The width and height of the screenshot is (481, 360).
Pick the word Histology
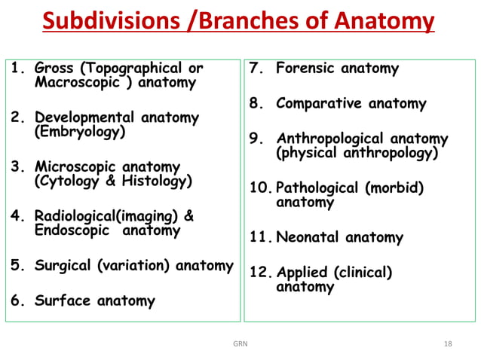pyautogui.click(x=154, y=182)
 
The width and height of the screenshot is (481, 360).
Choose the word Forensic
pyautogui.click(x=306, y=69)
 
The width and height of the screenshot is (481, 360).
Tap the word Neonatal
pyautogui.click(x=308, y=238)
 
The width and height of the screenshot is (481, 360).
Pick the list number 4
pyautogui.click(x=14, y=217)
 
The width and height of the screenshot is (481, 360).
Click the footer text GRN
pyautogui.click(x=240, y=343)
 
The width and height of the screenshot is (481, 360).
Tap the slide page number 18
pyautogui.click(x=449, y=343)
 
